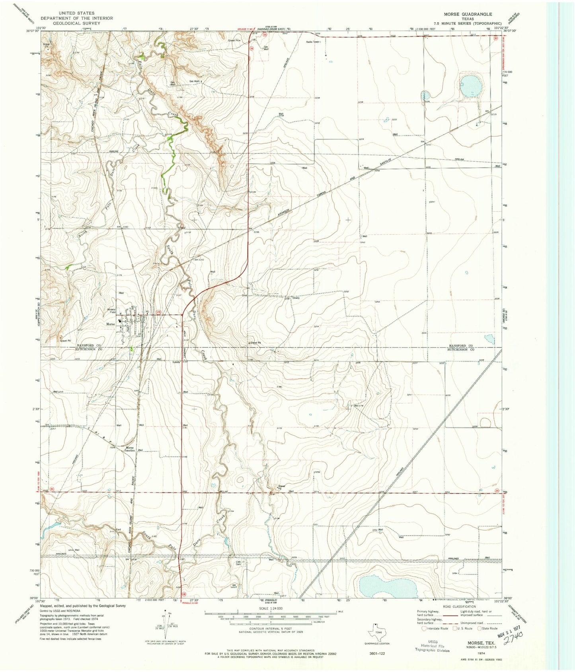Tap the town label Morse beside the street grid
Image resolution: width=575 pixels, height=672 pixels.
pyautogui.click(x=110, y=324)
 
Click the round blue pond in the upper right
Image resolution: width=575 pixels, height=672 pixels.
pyautogui.click(x=470, y=86)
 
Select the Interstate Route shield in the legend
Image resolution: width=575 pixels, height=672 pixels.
pyautogui.click(x=424, y=629)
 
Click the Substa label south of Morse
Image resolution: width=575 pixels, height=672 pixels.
pyautogui.click(x=176, y=362)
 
